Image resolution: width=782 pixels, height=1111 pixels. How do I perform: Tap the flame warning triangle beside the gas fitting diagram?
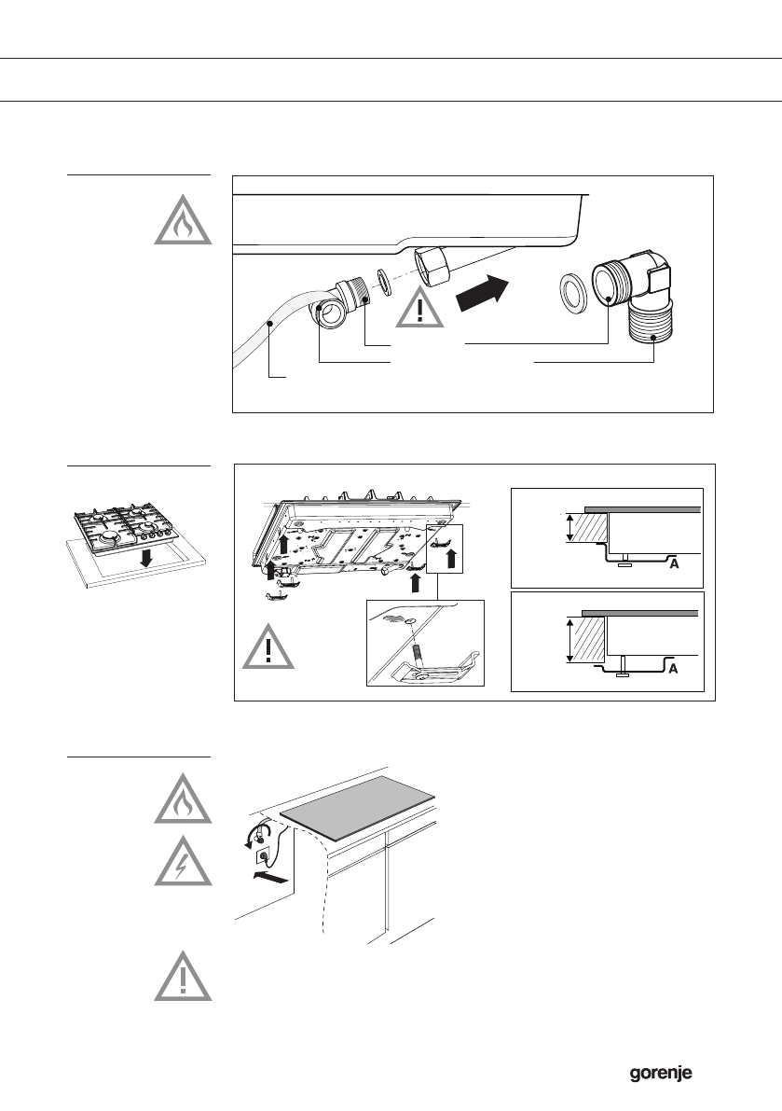[183, 222]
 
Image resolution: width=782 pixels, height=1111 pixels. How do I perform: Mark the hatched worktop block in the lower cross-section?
[589, 640]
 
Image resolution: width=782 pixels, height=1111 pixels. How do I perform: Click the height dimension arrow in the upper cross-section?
[568, 529]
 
